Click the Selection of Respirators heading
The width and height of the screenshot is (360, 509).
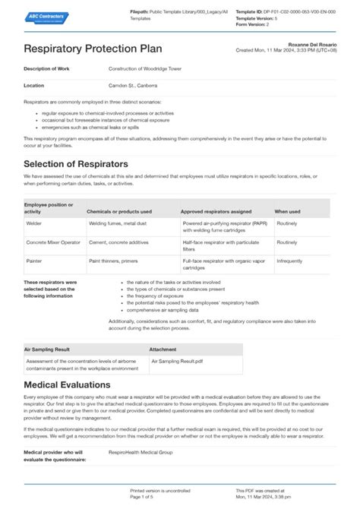coord(75,164)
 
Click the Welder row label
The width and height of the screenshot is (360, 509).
coord(34,224)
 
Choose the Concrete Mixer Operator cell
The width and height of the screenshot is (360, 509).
coord(54,242)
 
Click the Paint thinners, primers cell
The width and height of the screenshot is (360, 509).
coord(115,261)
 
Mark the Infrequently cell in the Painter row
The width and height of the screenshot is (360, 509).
coord(289,261)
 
